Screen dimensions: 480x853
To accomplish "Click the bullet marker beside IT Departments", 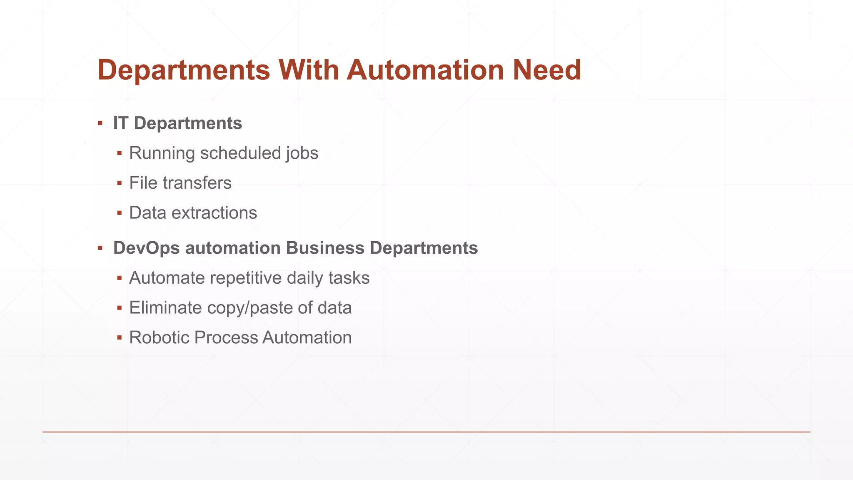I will [100, 123].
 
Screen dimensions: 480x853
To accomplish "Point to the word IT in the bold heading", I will [120, 123].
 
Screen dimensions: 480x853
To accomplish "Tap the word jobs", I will [302, 154].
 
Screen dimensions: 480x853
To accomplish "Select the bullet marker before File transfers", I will [120, 183].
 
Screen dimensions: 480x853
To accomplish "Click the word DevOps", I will [147, 248].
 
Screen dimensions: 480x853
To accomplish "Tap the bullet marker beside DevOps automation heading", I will [100, 248].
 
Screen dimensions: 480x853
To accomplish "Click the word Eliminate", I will [165, 308].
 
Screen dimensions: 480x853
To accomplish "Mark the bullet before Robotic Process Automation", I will [120, 337].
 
